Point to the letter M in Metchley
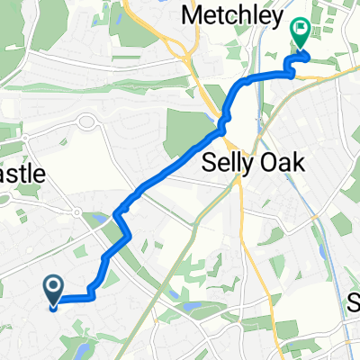(x=193, y=14)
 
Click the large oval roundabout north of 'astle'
(x=88, y=122)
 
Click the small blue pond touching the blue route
(x=98, y=217)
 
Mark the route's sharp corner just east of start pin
(x=91, y=293)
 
